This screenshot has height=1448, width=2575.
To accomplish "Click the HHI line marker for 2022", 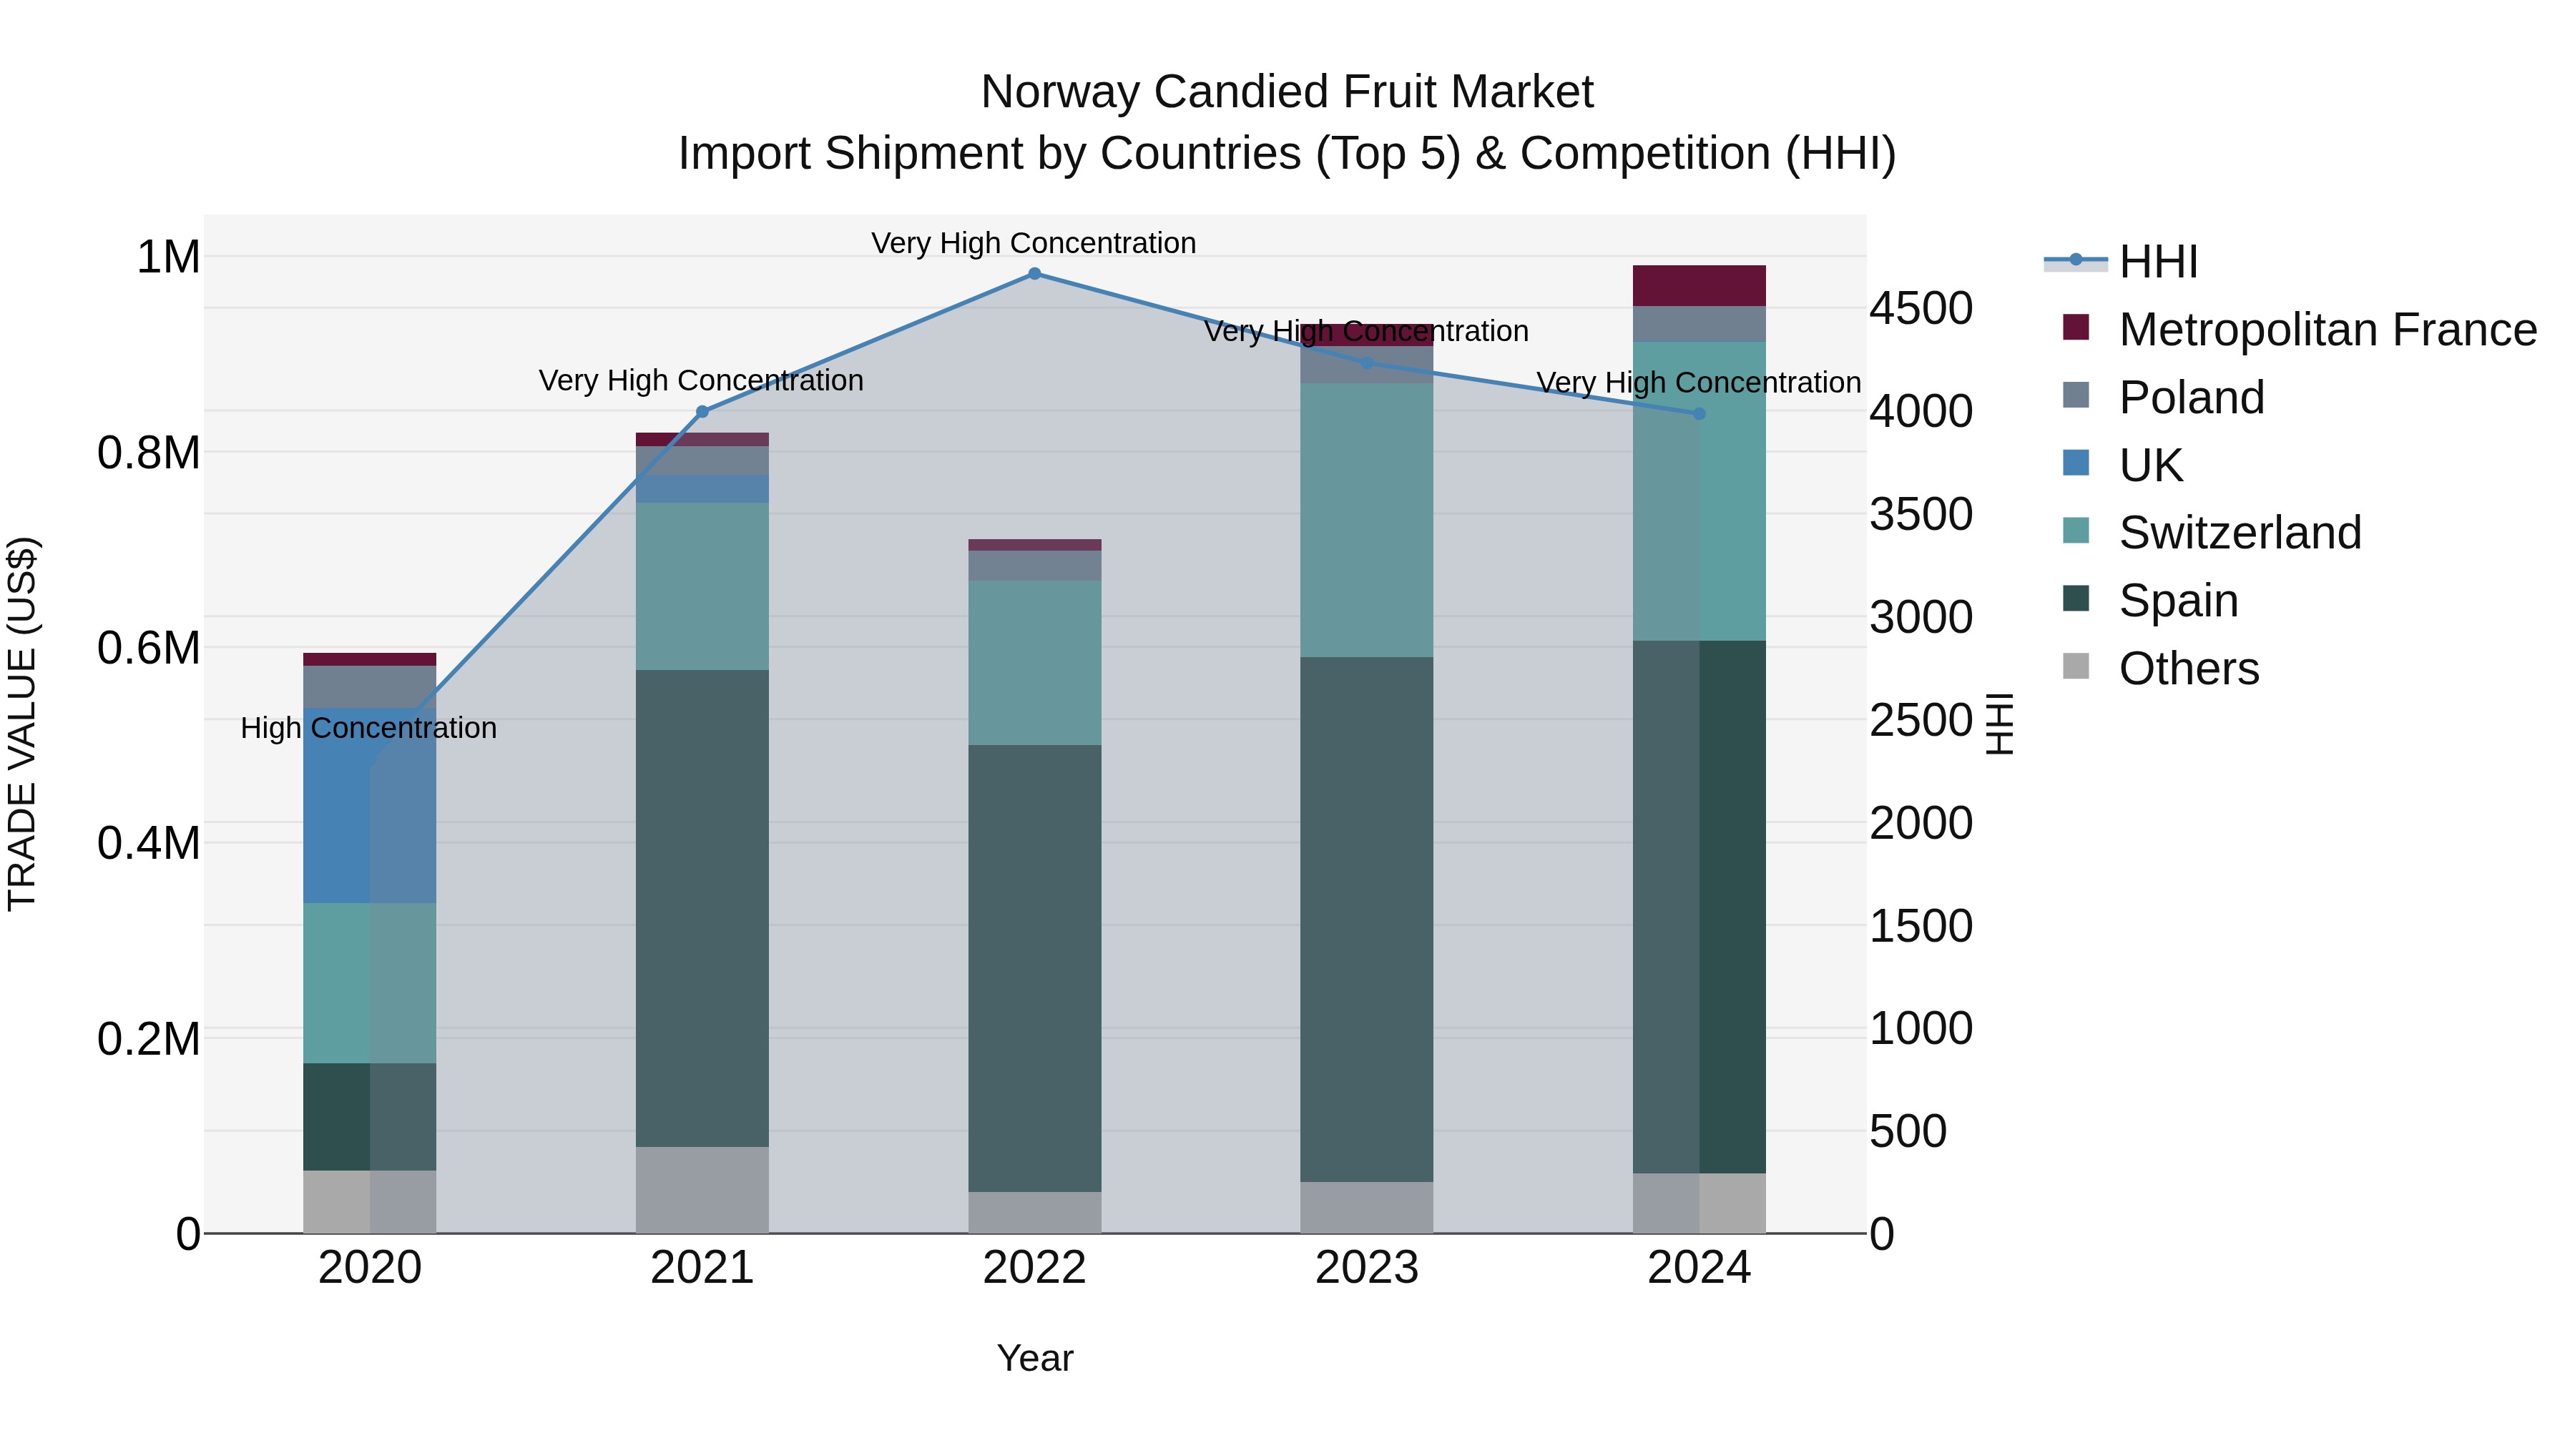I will coord(1034,274).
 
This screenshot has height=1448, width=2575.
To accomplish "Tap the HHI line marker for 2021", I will coord(702,412).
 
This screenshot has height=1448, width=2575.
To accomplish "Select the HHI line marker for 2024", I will coord(1699,414).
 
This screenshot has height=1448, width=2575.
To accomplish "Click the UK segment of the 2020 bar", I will coord(370,805).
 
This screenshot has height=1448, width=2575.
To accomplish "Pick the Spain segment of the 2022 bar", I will coord(1034,967).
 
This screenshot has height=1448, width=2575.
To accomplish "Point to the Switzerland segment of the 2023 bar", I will coord(1366,520).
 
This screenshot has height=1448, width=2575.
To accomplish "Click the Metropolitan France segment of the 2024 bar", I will coord(1699,286).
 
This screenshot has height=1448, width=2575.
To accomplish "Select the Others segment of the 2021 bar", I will coord(702,1189).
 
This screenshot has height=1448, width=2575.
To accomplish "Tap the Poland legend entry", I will coord(2191,398).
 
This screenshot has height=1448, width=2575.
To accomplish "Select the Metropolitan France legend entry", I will coord(2327,330).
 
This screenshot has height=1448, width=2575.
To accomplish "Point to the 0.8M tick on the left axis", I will coord(149,453).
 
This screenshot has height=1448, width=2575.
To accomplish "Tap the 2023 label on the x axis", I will coord(1366,1268).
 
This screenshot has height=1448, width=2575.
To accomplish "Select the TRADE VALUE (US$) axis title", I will coord(22,724).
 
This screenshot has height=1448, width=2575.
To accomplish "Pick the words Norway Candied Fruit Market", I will coord(1287,92).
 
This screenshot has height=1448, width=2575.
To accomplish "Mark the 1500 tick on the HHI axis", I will coord(1921,926).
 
